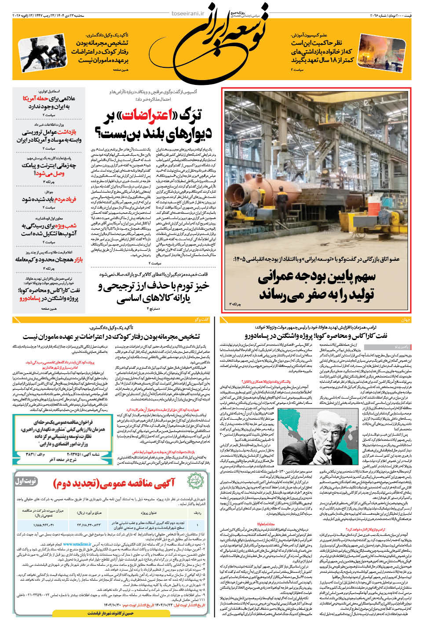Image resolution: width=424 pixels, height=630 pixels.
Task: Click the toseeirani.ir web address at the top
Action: (188, 14)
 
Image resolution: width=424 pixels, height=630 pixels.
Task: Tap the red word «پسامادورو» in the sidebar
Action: (29, 298)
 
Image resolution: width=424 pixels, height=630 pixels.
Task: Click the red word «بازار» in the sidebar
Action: (78, 260)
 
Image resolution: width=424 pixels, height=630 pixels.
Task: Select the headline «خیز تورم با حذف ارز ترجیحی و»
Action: (154, 286)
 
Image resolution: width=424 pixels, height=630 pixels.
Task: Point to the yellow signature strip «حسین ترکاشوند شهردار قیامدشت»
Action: (110, 613)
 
